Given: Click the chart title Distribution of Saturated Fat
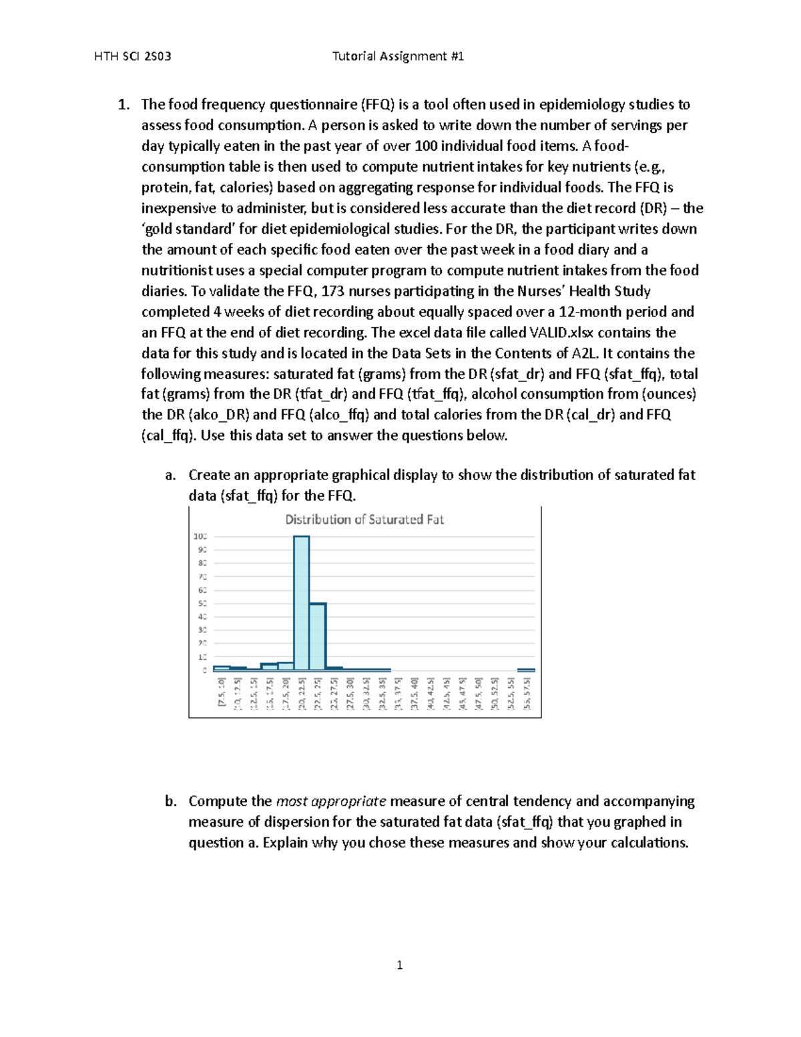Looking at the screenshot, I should [364, 520].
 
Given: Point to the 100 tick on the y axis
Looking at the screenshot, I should [200, 536].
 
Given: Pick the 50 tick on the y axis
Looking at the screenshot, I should [200, 604].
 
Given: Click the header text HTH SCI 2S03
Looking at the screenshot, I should [133, 56].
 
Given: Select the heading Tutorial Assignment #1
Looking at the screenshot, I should [398, 56].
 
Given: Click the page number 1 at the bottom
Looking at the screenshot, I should [399, 965].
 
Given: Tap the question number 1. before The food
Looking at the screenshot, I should [123, 105].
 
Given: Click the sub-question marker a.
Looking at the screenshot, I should [170, 475].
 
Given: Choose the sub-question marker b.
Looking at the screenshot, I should [171, 801].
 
